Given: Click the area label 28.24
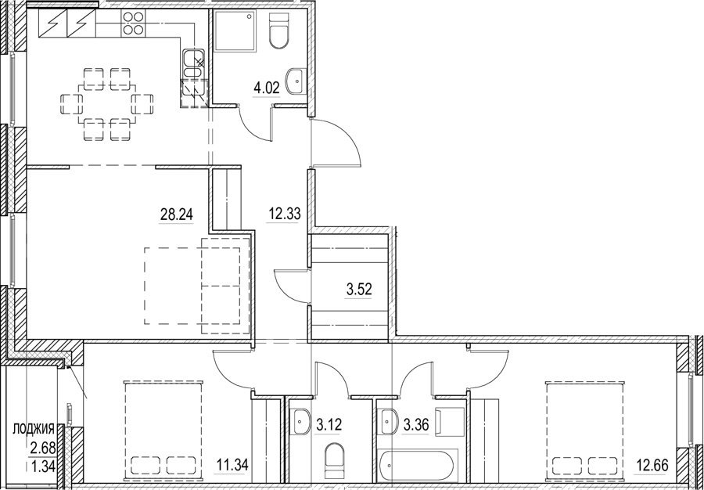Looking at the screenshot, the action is tap(177, 215).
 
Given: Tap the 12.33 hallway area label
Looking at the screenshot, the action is tap(284, 214).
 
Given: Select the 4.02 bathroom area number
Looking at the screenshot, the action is tap(267, 88).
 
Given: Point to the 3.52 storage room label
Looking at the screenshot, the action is tap(359, 290).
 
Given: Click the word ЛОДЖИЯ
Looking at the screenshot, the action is tap(34, 428).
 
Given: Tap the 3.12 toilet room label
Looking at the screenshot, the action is tap(329, 423).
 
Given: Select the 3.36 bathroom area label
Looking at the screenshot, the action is tap(416, 423).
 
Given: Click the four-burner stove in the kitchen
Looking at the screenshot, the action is tap(133, 23).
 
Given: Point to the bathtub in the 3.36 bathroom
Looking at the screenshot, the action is tap(418, 467).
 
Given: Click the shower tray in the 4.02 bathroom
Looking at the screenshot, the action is tap(235, 31).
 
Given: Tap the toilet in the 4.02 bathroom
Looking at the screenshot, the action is tap(278, 31).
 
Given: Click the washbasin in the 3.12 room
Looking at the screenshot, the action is tap(300, 422).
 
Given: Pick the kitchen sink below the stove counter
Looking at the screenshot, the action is tap(193, 64).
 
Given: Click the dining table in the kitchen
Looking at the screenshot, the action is tap(107, 104).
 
